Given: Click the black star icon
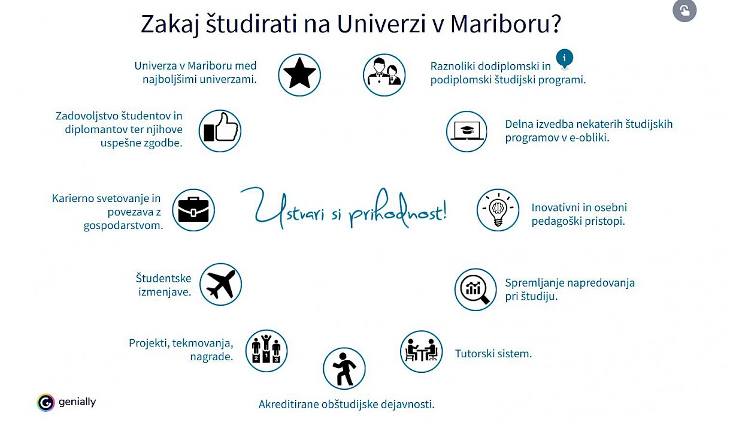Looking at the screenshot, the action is [x=299, y=73].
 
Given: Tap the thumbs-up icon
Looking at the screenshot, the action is [x=220, y=128].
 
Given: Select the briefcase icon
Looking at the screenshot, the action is [x=193, y=210].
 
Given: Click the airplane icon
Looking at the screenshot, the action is [x=221, y=284].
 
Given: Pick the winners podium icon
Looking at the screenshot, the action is [x=266, y=349].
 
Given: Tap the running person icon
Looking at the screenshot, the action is [x=344, y=369].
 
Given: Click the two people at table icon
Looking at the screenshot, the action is [x=422, y=350].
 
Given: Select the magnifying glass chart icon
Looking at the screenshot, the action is [x=475, y=290].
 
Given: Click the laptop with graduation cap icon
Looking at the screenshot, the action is [x=467, y=131].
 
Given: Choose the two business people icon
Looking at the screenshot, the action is [x=384, y=71].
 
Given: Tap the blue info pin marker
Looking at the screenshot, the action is [x=565, y=59].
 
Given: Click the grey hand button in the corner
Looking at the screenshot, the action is [x=684, y=10].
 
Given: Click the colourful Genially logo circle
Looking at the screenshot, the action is [x=46, y=402].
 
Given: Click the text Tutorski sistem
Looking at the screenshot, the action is [x=493, y=354].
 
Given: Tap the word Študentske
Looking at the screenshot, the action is [x=163, y=278].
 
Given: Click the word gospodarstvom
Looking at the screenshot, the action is [x=123, y=225].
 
